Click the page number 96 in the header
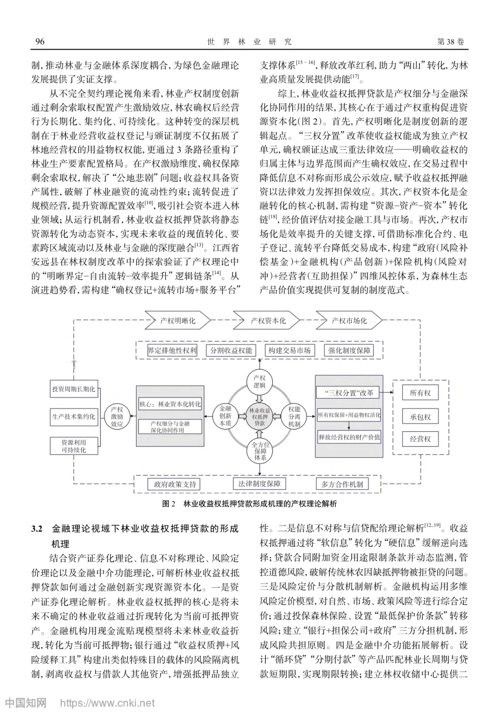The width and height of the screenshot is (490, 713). (40, 42)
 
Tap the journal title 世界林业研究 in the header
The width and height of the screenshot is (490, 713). (249, 42)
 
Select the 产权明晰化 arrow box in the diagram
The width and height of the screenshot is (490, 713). (177, 320)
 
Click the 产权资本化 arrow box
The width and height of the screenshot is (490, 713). (268, 320)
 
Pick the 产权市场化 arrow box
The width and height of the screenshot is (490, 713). (349, 320)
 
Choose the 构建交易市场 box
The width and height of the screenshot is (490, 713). (289, 350)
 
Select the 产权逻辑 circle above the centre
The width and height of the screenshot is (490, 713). (260, 382)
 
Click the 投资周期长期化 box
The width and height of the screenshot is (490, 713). (73, 389)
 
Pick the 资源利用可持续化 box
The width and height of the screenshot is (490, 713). (73, 446)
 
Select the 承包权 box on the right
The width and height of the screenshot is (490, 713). (420, 417)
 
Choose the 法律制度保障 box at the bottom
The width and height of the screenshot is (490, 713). (260, 484)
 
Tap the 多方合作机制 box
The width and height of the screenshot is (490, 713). (342, 484)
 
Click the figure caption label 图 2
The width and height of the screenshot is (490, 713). (168, 504)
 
